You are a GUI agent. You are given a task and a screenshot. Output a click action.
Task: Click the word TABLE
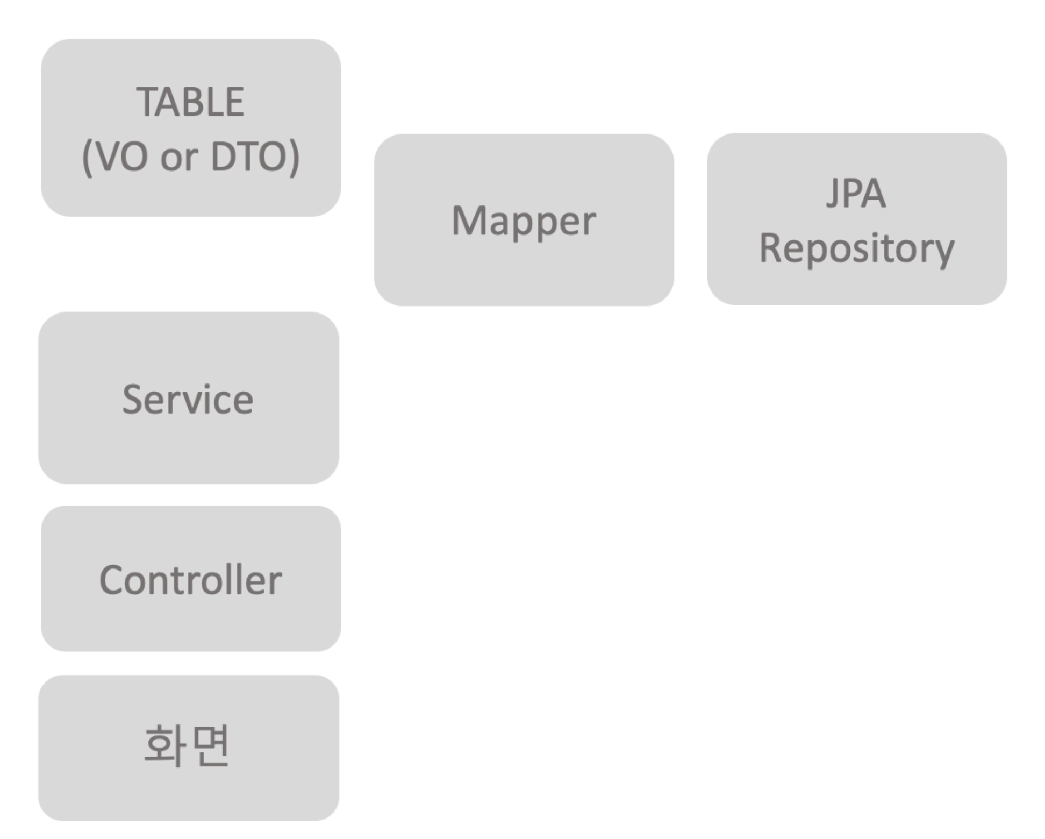pyautogui.click(x=190, y=102)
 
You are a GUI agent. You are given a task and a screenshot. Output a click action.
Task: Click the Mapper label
pyautogui.click(x=524, y=221)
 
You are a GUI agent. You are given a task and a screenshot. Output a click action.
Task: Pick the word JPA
pyautogui.click(x=856, y=194)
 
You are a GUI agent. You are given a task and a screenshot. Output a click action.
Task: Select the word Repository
pyautogui.click(x=856, y=249)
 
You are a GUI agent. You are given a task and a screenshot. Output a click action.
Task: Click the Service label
pyautogui.click(x=188, y=400)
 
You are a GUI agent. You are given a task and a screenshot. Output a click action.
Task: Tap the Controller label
pyautogui.click(x=190, y=580)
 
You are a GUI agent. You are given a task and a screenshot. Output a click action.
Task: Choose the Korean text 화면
pyautogui.click(x=187, y=745)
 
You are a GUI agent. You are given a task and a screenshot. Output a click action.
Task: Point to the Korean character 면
pyautogui.click(x=211, y=745)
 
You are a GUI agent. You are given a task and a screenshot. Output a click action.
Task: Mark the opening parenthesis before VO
pyautogui.click(x=87, y=158)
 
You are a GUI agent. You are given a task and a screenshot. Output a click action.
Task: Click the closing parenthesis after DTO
pyautogui.click(x=294, y=158)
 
